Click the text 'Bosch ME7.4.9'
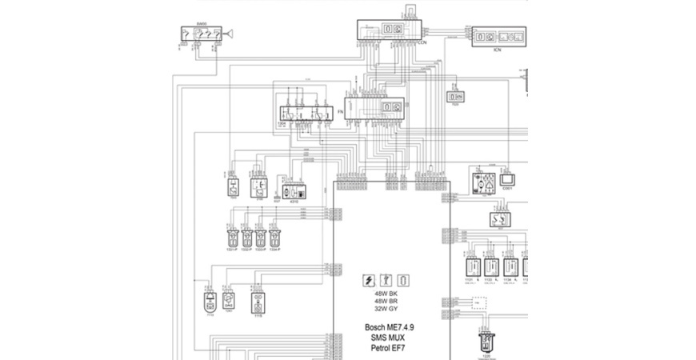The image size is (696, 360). [x=390, y=328]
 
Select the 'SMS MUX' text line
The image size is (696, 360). [x=390, y=338]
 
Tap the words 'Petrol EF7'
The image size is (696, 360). [x=390, y=350]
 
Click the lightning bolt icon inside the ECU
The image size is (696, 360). [x=369, y=280]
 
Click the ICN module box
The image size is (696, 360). [x=498, y=38]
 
